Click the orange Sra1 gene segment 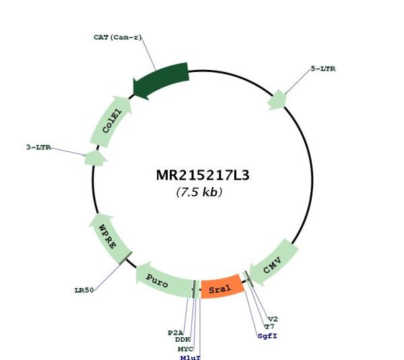[222, 287]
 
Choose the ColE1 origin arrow [111, 121]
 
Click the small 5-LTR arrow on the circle [277, 100]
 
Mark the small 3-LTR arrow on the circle [96, 158]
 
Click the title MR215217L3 [203, 176]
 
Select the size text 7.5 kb [199, 192]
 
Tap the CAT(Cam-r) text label [118, 37]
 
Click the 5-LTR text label [323, 69]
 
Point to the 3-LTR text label [38, 147]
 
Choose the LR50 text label [84, 290]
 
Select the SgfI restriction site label [267, 336]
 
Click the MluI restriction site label [191, 357]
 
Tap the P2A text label [176, 332]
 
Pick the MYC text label [186, 349]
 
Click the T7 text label [269, 327]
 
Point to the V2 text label [273, 320]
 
